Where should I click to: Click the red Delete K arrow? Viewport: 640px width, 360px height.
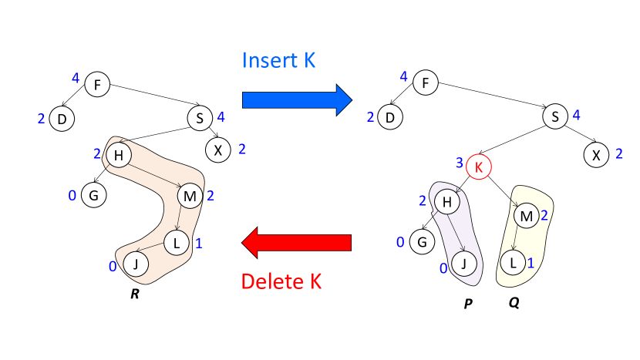click(296, 244)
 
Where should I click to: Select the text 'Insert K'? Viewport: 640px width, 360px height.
click(282, 60)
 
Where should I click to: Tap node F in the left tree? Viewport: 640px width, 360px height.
click(97, 84)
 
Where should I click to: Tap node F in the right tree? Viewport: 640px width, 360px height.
click(426, 82)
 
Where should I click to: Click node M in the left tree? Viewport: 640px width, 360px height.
click(190, 197)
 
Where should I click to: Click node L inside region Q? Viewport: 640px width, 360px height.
click(514, 262)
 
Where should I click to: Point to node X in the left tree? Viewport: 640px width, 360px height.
click(218, 150)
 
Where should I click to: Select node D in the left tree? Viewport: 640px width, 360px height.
click(61, 119)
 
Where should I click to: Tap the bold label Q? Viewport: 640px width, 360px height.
click(514, 302)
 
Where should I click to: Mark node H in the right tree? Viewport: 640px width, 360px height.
click(446, 202)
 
